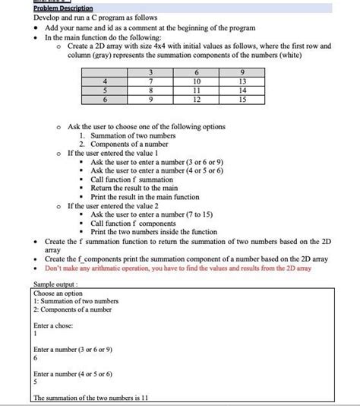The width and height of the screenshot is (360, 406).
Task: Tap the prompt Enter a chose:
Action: point(53,325)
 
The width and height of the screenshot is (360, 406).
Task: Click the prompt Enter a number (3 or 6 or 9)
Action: point(73,349)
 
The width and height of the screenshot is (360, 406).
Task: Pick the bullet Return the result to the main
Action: point(134,187)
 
